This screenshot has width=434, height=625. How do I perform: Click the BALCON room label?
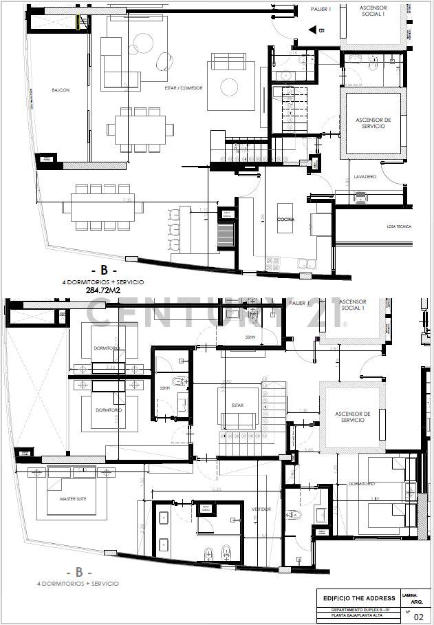pyautogui.click(x=60, y=90)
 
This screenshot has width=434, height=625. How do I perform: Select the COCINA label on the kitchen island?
pyautogui.click(x=286, y=219)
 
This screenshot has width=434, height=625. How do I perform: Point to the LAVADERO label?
pyautogui.click(x=365, y=177)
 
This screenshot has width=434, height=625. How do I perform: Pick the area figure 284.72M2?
pyautogui.click(x=105, y=290)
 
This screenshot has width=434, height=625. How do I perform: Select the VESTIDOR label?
pyautogui.click(x=261, y=509)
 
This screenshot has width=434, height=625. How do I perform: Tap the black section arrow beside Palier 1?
pyautogui.click(x=312, y=30)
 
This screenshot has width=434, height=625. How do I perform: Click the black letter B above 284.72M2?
pyautogui.click(x=104, y=270)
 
